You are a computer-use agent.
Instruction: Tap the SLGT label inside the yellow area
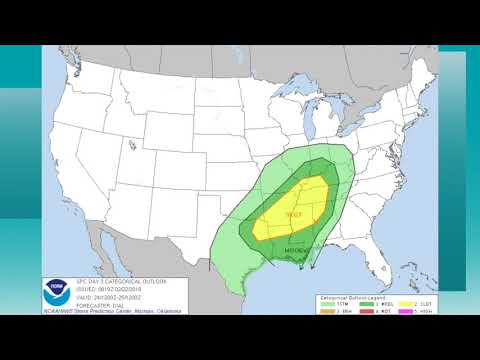(x=294, y=214)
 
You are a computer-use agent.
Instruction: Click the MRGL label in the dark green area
(x=297, y=250)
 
